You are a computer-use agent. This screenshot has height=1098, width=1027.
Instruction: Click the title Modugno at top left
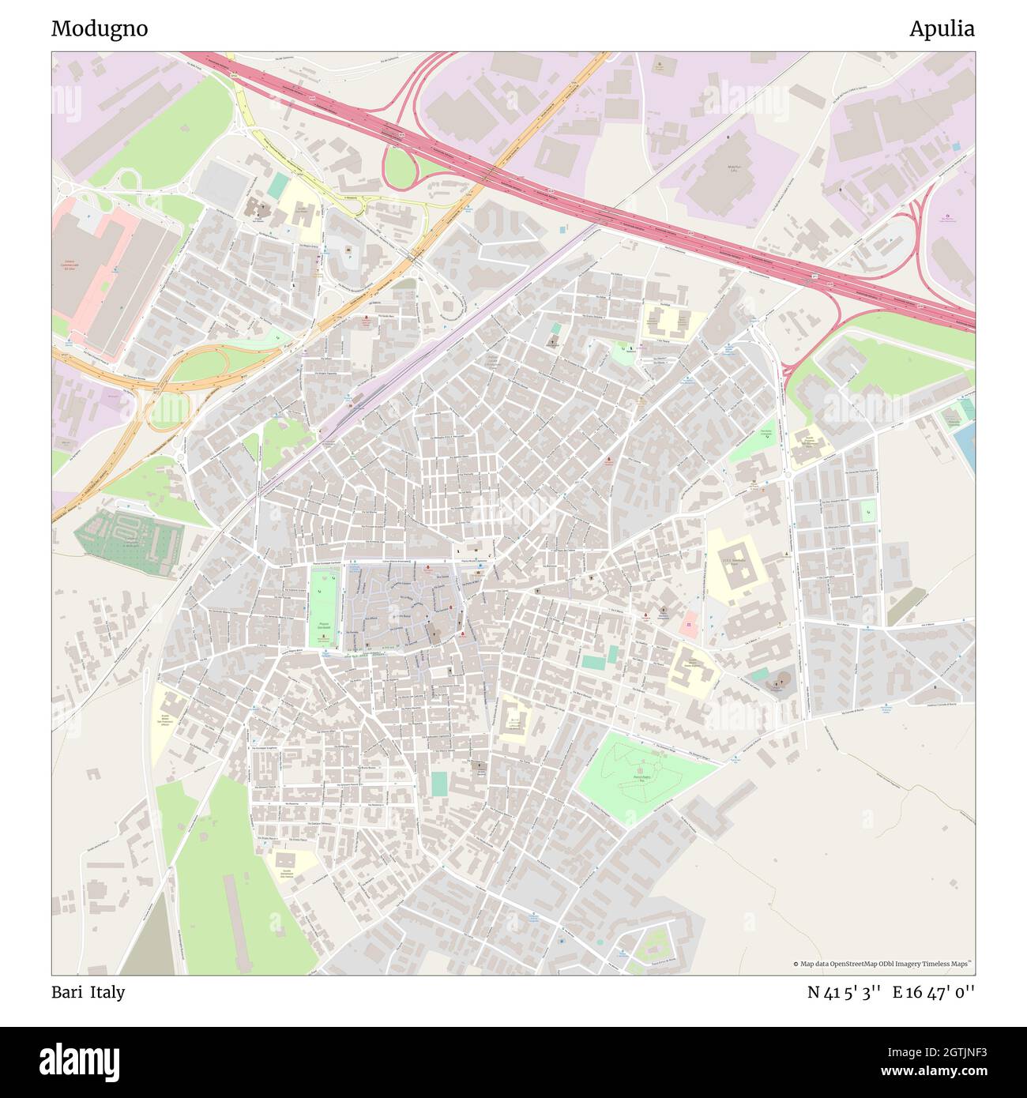click(x=100, y=29)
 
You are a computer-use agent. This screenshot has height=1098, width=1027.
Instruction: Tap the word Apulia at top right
click(x=941, y=29)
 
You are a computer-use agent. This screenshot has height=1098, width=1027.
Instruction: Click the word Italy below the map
click(x=107, y=992)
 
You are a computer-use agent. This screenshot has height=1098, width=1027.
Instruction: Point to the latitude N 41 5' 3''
click(x=844, y=992)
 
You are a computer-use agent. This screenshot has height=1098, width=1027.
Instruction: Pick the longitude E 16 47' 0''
click(x=933, y=992)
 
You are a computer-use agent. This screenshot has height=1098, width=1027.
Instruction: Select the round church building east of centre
click(x=778, y=681)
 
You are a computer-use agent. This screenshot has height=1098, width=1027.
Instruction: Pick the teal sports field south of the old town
click(x=438, y=784)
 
